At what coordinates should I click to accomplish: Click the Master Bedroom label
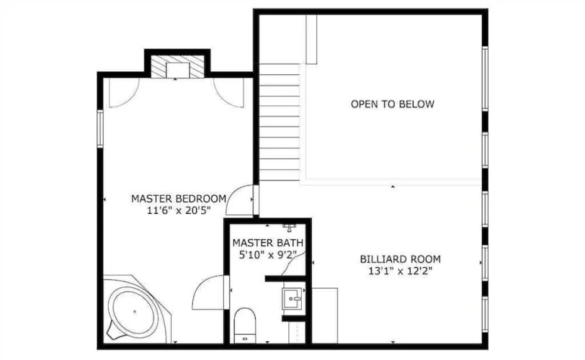179,199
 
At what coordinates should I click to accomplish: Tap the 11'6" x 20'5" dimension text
179,211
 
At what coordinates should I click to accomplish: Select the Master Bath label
268,243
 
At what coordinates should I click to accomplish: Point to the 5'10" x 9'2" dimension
267,255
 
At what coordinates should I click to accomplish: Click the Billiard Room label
401,259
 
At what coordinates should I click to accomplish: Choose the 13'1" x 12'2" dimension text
401,271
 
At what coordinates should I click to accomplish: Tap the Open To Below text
393,104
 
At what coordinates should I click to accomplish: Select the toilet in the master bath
245,325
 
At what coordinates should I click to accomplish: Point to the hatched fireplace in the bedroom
177,66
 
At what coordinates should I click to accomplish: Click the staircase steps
280,122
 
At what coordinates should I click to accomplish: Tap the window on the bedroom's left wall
100,127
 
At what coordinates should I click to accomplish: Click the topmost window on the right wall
485,78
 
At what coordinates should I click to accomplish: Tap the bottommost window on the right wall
485,314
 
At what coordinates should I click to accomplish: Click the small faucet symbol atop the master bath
289,226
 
